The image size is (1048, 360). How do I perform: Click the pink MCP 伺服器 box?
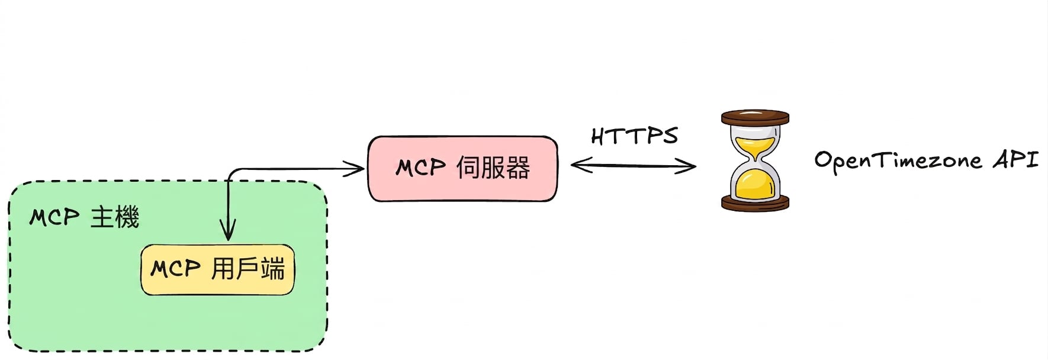[462, 169]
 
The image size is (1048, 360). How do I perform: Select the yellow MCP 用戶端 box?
[217, 269]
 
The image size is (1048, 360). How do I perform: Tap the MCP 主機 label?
[84, 217]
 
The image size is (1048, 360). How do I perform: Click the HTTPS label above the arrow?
[634, 136]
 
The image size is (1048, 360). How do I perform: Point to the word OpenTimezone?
[898, 160]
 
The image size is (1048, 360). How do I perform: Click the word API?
[1015, 160]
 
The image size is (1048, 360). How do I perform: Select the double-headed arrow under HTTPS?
[633, 165]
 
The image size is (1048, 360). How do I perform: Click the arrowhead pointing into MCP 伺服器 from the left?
[354, 169]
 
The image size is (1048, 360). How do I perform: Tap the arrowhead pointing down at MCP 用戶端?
[228, 230]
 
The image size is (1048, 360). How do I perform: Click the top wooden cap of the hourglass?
[755, 117]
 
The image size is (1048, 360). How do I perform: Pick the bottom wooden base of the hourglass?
[755, 204]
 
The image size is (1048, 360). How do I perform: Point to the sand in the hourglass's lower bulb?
[755, 185]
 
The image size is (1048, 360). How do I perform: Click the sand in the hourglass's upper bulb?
[754, 145]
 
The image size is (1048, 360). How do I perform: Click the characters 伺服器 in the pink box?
[493, 168]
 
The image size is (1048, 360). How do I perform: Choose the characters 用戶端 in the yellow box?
[248, 269]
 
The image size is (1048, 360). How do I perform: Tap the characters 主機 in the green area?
[115, 217]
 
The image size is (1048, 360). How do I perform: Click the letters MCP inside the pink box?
[420, 168]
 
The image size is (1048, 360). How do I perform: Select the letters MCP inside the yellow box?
[175, 269]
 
